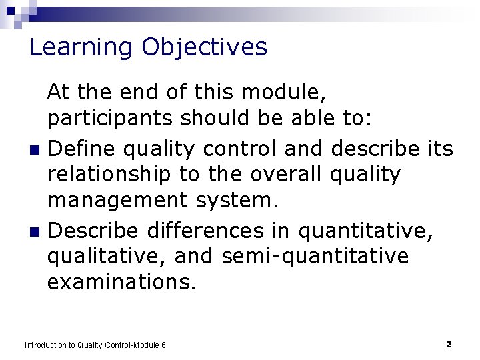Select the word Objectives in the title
pos(204,48)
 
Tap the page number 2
pos(449,345)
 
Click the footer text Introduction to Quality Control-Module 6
pos(95,345)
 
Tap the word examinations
pos(121,283)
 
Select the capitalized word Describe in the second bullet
pos(93,231)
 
